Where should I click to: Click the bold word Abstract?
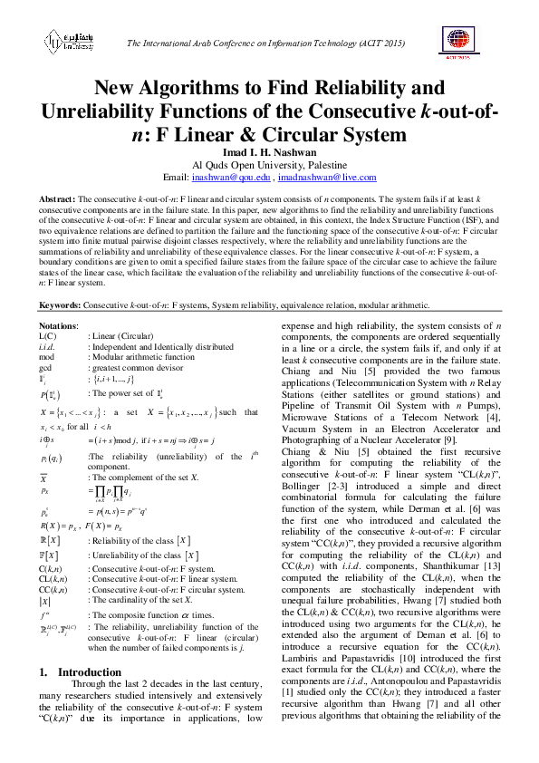click(56, 198)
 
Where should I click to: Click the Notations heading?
click(60, 325)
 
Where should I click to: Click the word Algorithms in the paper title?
click(230, 89)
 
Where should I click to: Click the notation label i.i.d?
click(49, 346)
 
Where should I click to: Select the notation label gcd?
click(46, 368)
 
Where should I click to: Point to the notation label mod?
click(47, 357)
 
